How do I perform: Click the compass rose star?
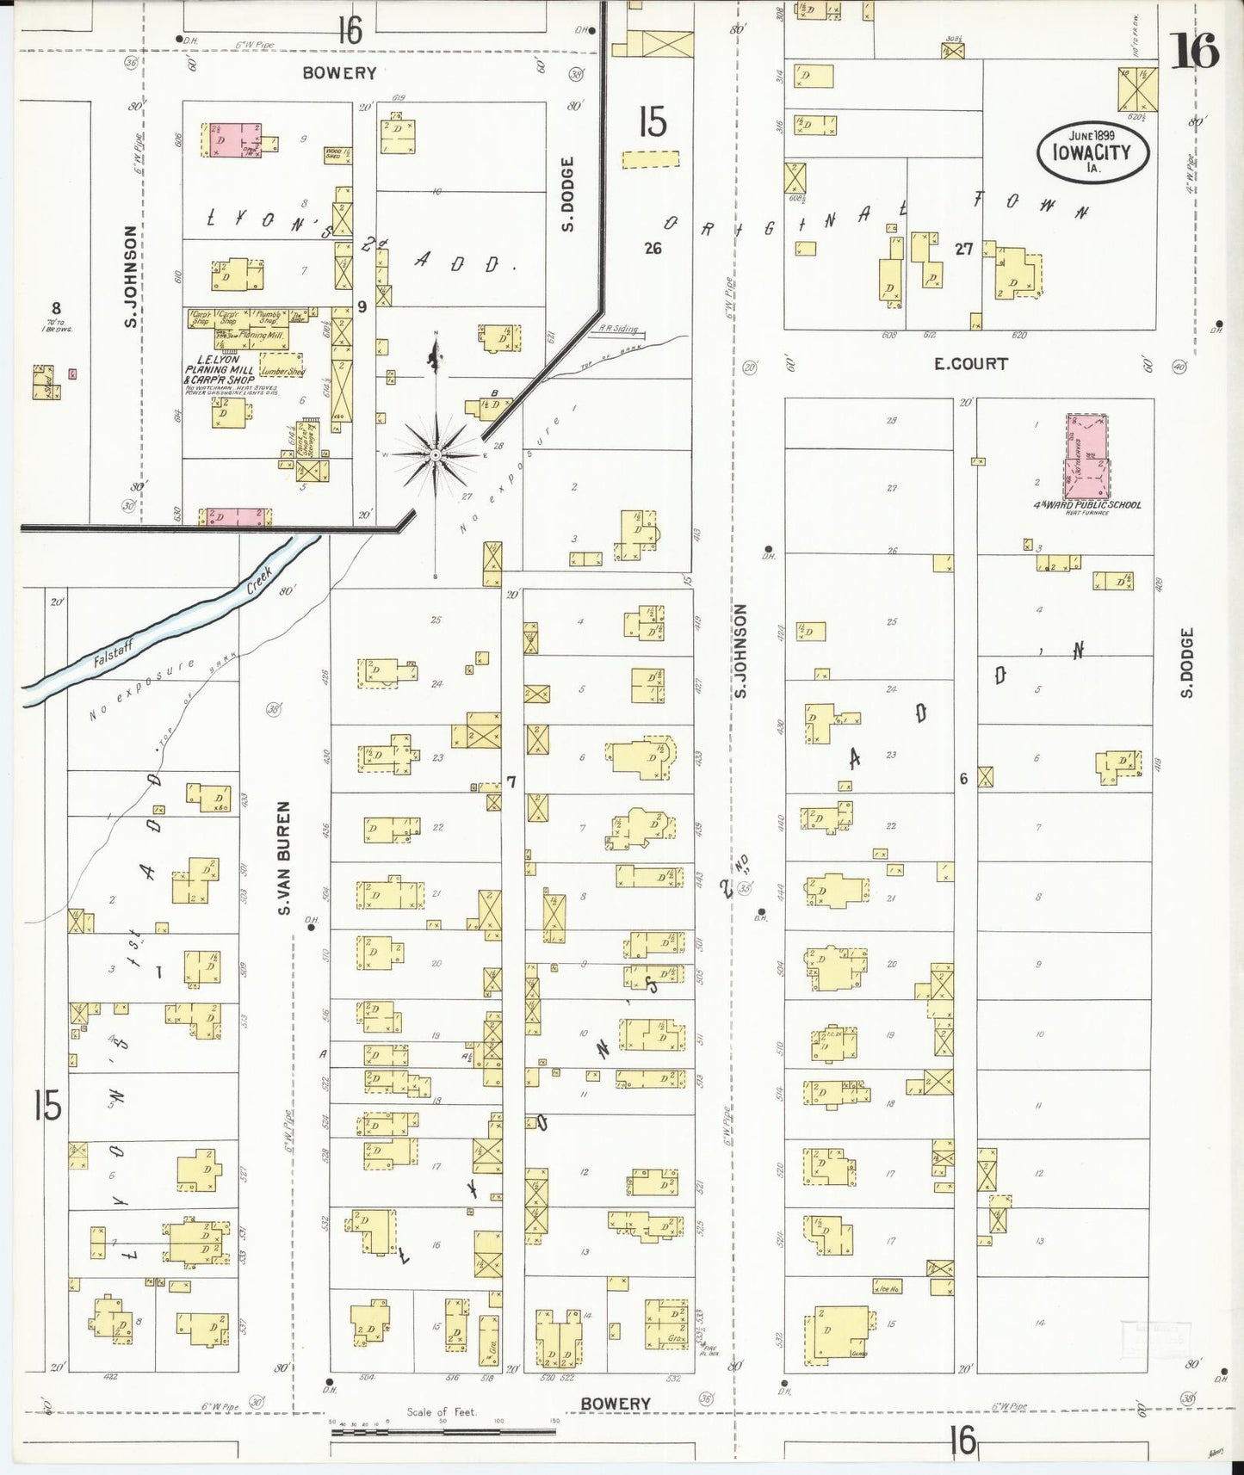tap(436, 454)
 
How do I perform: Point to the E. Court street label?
tap(970, 364)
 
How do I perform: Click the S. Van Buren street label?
tap(284, 858)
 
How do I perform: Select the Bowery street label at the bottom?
tap(615, 1404)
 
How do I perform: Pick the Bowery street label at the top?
tap(339, 73)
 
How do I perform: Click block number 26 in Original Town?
tap(653, 249)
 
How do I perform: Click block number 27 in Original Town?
tap(963, 249)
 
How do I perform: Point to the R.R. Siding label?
tap(618, 329)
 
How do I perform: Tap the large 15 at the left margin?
tap(47, 1105)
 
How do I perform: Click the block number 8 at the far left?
tap(56, 308)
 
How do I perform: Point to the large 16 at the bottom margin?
tap(963, 1439)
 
